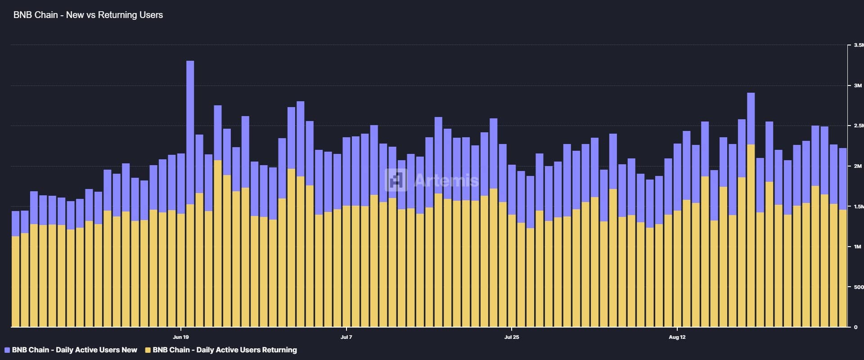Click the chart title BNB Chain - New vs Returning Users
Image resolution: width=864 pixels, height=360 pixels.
click(x=88, y=15)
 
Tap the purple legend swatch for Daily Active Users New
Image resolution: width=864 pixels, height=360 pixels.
click(x=7, y=350)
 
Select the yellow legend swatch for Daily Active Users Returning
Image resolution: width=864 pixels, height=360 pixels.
click(x=148, y=350)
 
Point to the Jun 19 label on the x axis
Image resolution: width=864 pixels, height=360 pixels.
click(x=180, y=337)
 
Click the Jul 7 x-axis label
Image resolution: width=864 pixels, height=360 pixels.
click(x=346, y=337)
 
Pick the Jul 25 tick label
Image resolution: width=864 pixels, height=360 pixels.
click(x=512, y=337)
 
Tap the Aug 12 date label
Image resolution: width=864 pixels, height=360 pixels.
click(x=677, y=337)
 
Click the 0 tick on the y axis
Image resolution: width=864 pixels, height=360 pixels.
click(x=855, y=327)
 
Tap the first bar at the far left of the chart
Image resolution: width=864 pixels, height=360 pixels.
click(x=15, y=270)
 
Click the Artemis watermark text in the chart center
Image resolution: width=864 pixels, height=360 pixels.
click(x=446, y=180)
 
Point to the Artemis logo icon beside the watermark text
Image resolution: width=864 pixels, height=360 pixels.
click(x=396, y=180)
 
